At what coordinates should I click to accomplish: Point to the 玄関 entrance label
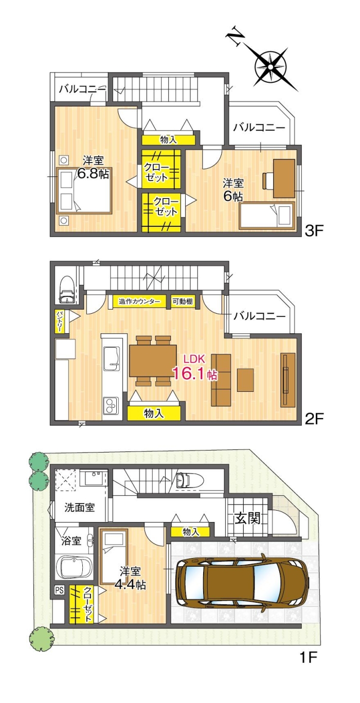coord(248,518)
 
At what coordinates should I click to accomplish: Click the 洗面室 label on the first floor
coord(79,508)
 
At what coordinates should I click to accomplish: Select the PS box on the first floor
coord(59,590)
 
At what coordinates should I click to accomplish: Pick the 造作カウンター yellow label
coord(139,302)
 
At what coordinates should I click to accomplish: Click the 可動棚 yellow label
coord(183,302)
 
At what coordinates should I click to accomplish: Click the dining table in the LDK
coord(153,360)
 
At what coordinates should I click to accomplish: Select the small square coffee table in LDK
coord(245,380)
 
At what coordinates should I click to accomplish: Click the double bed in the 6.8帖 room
coord(83,191)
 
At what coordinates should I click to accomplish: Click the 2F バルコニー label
coord(259,316)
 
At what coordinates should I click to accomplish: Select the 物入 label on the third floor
coord(168,139)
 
